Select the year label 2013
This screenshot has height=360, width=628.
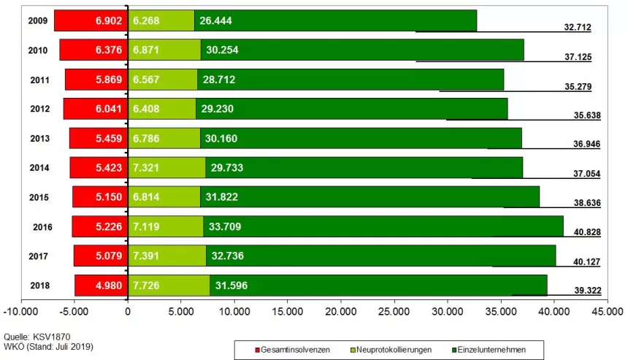[x=41, y=139]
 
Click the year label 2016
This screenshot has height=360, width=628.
[x=43, y=226]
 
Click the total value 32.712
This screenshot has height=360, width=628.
[x=577, y=27]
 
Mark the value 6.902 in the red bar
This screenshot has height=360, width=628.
[x=110, y=21]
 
